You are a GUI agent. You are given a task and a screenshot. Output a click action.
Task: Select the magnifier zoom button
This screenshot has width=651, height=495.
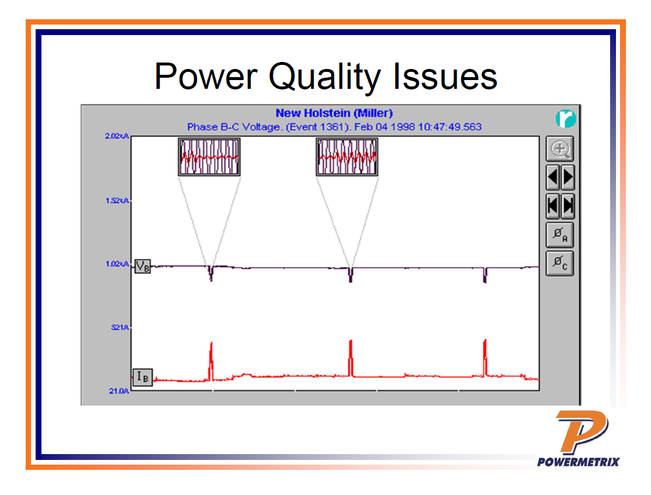(x=560, y=150)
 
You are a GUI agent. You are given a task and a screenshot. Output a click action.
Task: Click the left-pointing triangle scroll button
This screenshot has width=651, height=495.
(x=553, y=177)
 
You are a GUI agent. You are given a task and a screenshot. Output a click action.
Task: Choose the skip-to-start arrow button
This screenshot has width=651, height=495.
(x=553, y=206)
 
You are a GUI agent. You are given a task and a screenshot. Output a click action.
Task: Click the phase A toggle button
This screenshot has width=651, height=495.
(x=560, y=235)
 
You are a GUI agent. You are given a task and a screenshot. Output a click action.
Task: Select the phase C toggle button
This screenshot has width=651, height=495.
(x=560, y=264)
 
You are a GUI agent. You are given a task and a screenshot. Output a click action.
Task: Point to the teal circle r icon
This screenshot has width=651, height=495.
(x=566, y=119)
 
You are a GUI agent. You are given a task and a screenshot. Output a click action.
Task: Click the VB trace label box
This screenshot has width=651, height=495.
(x=142, y=266)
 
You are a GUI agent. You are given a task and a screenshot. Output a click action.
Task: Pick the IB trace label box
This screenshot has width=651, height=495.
(x=142, y=378)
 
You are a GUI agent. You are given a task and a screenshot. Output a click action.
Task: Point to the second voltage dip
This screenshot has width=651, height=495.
(x=350, y=275)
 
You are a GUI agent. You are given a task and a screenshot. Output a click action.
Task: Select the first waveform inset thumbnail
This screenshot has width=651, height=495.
(x=209, y=157)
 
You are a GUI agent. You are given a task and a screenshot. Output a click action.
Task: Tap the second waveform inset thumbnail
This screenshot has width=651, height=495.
(x=347, y=157)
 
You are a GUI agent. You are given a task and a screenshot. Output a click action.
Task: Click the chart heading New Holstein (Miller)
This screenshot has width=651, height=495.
(x=334, y=113)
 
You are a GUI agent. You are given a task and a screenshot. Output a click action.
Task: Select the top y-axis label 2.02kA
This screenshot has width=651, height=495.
(x=117, y=136)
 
